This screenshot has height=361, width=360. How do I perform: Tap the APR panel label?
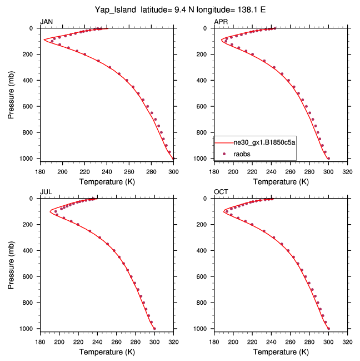[221, 22]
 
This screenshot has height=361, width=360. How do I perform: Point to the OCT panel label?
[221, 192]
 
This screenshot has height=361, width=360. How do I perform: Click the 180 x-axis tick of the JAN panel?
[40, 171]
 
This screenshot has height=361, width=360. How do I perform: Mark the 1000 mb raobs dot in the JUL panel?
[154, 329]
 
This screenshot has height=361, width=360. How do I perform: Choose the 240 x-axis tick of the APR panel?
[271, 171]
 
